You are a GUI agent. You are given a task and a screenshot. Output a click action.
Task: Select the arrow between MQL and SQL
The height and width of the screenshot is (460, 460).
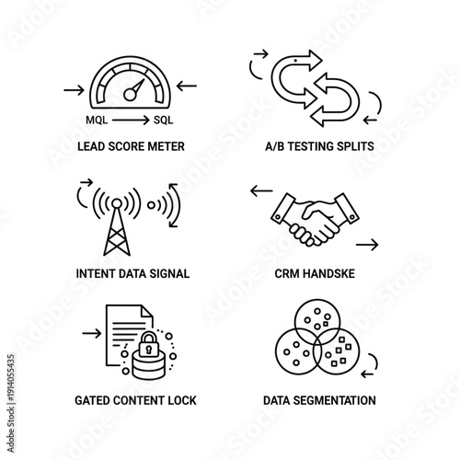tap(130, 121)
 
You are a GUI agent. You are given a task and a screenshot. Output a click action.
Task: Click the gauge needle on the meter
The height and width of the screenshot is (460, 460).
tap(135, 90)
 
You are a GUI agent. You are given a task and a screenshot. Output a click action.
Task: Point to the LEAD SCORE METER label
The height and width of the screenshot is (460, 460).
tap(130, 146)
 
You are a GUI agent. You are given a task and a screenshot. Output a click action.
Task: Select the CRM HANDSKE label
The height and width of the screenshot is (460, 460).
tap(316, 273)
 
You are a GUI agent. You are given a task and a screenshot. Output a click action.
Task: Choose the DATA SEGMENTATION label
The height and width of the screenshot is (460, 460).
tap(319, 400)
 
